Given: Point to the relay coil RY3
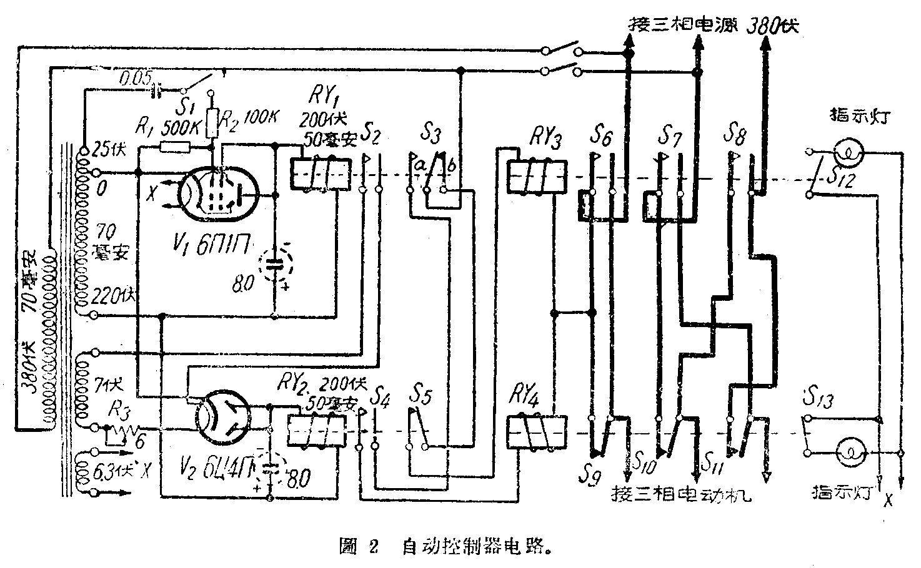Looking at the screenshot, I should click(x=536, y=175).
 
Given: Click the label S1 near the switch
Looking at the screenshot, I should click(x=183, y=104).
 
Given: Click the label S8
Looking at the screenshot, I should click(x=734, y=134).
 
